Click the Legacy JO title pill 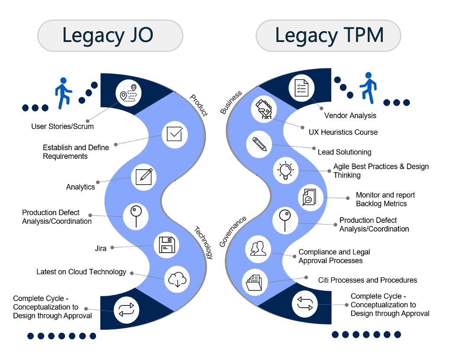(110, 35)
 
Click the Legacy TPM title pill (329, 35)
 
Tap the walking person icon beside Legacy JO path (64, 93)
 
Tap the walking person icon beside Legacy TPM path (369, 88)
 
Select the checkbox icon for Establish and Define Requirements (174, 135)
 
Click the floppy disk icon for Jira (167, 245)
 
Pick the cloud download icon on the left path (177, 280)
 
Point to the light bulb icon (285, 170)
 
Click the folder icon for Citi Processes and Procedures (255, 282)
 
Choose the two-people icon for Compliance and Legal (258, 248)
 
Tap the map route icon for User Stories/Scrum (129, 93)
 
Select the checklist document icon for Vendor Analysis (301, 87)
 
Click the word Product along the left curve (199, 105)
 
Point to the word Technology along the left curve (203, 243)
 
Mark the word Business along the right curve (231, 103)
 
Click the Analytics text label (80, 187)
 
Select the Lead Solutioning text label (344, 152)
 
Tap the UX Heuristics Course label (343, 132)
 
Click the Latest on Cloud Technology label (81, 272)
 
